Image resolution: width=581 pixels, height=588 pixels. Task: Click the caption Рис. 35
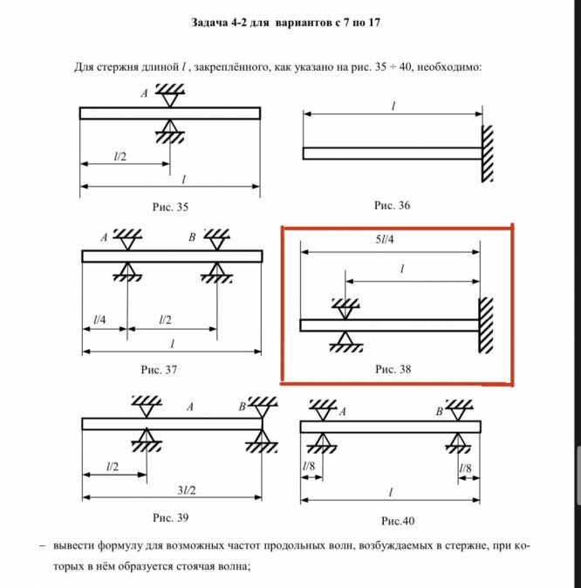click(x=169, y=207)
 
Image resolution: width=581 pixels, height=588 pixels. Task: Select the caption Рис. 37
click(x=159, y=369)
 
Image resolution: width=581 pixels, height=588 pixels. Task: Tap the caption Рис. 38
click(x=393, y=369)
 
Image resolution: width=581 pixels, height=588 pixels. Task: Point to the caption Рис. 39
click(x=170, y=518)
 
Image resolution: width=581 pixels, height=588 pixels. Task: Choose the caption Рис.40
click(x=394, y=521)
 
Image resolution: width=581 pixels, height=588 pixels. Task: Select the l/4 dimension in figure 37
click(x=100, y=319)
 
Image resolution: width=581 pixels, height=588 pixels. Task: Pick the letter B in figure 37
click(x=192, y=237)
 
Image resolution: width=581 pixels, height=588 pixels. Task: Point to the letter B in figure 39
click(x=242, y=407)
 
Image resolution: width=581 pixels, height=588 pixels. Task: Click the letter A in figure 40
click(x=343, y=410)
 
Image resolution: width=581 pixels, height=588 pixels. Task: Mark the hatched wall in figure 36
click(x=488, y=154)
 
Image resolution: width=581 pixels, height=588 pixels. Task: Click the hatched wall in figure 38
click(x=487, y=325)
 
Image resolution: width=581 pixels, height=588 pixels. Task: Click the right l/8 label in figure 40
click(x=467, y=468)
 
